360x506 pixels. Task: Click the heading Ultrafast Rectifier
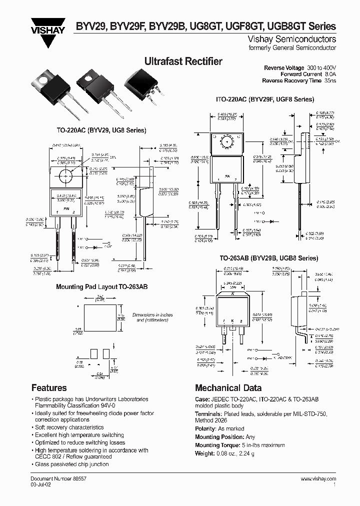tap(183, 61)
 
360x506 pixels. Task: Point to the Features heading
tap(49, 387)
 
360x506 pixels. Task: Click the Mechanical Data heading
tap(228, 387)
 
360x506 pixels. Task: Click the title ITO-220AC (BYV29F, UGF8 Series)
tap(264, 99)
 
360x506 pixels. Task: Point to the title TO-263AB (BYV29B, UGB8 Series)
tap(268, 258)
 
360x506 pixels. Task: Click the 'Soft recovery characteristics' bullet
tap(69, 427)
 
